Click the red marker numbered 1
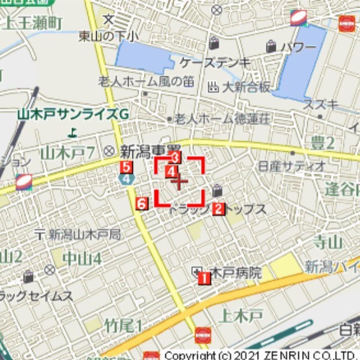(x=203, y=279)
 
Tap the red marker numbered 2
(x=218, y=209)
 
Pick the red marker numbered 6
(x=142, y=203)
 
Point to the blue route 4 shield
(x=128, y=178)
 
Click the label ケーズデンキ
(x=215, y=62)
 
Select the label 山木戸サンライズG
(x=72, y=115)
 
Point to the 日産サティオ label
(x=291, y=166)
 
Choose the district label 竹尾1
(x=124, y=325)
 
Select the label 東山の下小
(x=109, y=36)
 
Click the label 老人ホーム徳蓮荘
(x=221, y=119)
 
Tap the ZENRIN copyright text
(x=262, y=355)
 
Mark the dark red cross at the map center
(x=180, y=182)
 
